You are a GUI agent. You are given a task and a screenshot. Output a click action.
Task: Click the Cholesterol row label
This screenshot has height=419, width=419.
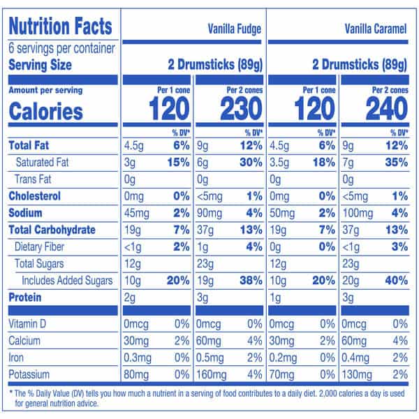point(34,196)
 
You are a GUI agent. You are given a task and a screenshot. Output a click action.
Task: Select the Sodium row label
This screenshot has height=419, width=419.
point(26,212)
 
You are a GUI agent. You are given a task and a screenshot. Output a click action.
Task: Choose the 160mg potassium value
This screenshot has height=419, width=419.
point(212,373)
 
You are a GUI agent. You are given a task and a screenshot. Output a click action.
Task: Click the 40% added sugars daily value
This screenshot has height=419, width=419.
point(394,280)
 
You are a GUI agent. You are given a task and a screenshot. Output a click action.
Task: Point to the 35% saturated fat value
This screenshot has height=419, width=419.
point(394,162)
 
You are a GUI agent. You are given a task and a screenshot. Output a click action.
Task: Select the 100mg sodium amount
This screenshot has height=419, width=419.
point(358,212)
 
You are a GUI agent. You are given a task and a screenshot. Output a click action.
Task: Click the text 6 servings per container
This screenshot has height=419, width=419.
point(57,50)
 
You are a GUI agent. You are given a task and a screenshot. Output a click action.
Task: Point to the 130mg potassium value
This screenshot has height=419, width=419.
point(358,373)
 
